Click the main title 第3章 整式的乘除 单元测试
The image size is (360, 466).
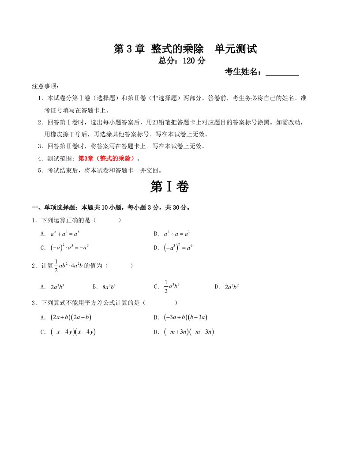click(x=185, y=49)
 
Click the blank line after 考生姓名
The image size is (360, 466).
click(x=282, y=72)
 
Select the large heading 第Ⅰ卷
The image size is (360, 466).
click(x=169, y=187)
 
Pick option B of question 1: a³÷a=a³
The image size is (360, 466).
click(x=176, y=233)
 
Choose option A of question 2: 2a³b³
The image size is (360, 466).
click(x=58, y=286)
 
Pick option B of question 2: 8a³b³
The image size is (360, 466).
click(x=109, y=286)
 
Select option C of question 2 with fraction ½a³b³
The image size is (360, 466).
click(x=169, y=286)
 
